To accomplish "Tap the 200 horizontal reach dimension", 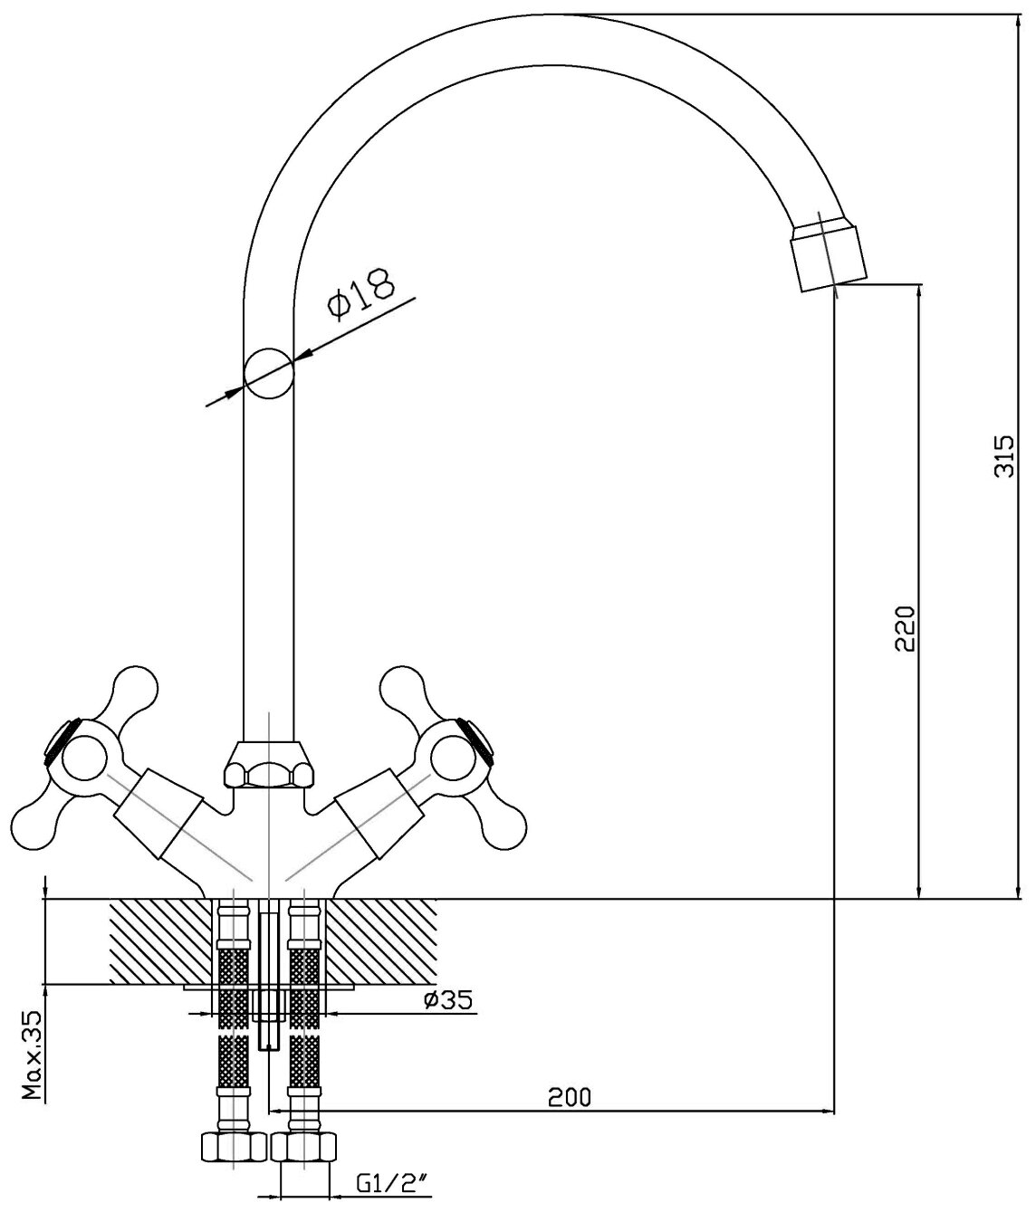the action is point(571,1097).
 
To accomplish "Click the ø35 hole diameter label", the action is point(446,1001).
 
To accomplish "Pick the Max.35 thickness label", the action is point(34,1055).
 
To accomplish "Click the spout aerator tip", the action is point(826,253).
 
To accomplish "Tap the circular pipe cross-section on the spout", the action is point(269,373).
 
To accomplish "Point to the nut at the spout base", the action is point(269,765).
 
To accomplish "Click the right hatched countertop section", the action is point(380,941).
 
